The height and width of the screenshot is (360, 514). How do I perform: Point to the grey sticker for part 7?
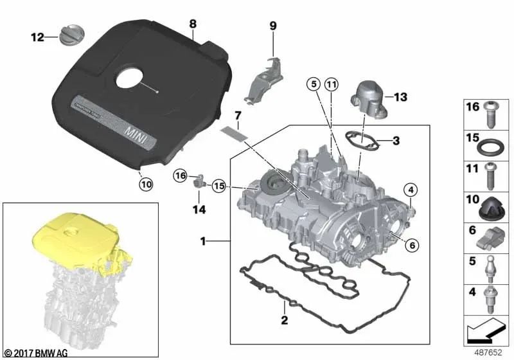(x=232, y=133)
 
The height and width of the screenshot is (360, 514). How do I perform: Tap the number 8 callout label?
(x=192, y=24)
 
